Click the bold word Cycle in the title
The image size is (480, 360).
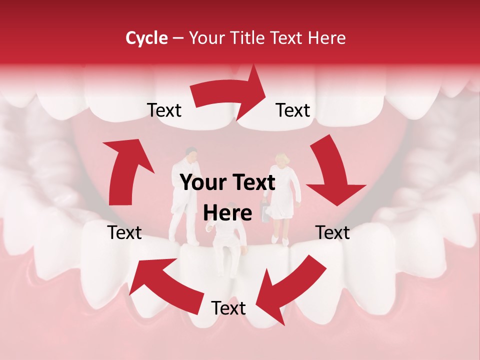(x=146, y=38)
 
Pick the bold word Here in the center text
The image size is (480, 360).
(x=227, y=213)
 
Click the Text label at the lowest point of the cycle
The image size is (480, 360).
(x=228, y=308)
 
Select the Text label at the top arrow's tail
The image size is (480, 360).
(x=164, y=110)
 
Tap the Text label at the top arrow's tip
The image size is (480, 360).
(x=293, y=110)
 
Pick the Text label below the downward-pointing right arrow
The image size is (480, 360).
(x=332, y=232)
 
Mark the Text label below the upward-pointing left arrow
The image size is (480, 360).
(x=124, y=232)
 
